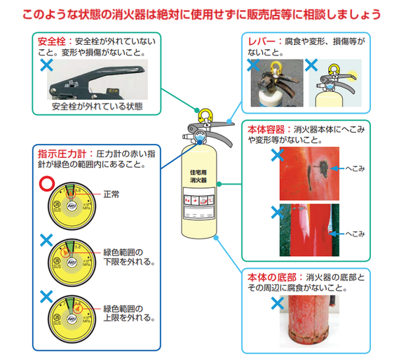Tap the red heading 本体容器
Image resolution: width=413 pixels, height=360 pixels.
[267, 130]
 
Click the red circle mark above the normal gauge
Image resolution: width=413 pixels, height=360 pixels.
[46, 185]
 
